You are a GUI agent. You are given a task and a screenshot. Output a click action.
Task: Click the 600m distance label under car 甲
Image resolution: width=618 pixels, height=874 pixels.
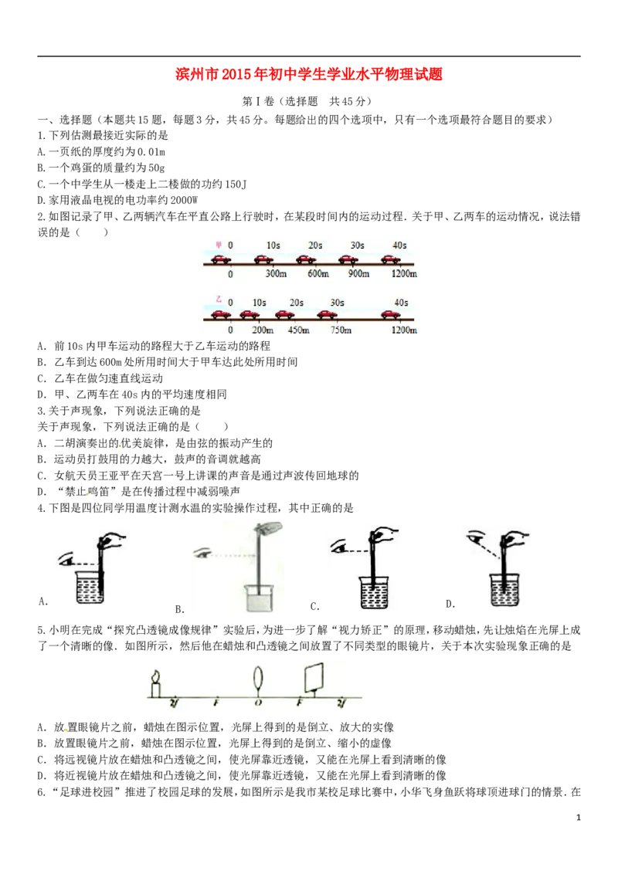318,273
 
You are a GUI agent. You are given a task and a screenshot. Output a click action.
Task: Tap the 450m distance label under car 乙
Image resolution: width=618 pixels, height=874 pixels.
298,330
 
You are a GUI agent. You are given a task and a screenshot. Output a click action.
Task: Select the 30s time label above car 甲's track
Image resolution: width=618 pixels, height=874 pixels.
357,246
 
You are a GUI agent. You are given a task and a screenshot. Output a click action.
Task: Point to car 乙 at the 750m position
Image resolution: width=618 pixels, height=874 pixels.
327,315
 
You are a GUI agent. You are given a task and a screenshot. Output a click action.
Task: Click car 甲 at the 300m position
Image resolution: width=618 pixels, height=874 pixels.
264,259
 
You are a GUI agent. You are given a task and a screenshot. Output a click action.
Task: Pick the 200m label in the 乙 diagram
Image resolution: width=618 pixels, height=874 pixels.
263,330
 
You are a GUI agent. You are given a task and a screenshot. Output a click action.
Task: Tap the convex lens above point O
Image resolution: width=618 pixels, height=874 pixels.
258,679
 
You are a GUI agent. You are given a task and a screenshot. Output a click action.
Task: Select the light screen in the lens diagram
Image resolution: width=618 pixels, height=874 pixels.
314,677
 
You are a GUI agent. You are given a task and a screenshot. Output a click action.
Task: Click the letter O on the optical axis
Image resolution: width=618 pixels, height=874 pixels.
258,703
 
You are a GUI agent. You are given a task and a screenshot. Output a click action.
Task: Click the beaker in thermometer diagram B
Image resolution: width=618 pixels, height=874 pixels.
258,598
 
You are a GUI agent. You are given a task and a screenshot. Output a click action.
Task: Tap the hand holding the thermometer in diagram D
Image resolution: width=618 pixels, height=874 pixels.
514,538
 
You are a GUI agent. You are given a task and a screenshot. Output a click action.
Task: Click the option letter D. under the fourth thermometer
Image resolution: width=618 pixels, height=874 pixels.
450,604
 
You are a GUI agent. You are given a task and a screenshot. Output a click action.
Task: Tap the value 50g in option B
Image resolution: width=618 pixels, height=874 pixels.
157,168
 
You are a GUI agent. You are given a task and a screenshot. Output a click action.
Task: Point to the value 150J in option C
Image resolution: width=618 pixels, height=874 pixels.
235,184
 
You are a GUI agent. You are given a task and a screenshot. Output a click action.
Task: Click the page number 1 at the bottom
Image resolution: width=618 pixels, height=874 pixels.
579,817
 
